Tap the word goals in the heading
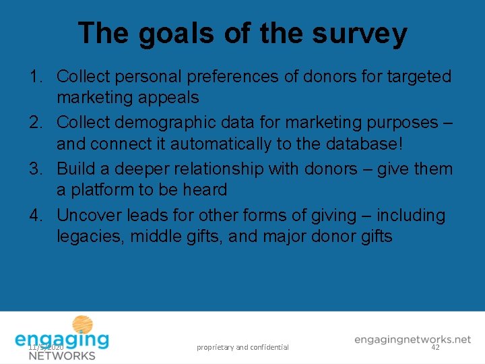point(176,34)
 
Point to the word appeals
point(168,98)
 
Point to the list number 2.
point(38,123)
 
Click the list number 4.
point(38,216)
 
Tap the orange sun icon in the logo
point(82,324)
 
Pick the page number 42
point(435,346)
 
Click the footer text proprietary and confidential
point(243,347)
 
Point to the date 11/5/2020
point(46,346)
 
